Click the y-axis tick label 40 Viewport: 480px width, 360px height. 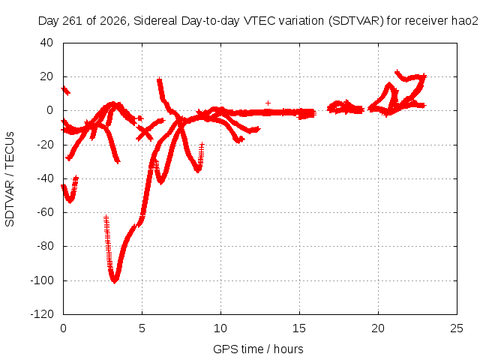pyautogui.click(x=46, y=43)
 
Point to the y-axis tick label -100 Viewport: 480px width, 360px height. pyautogui.click(x=42, y=280)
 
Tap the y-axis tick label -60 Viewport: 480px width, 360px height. pyautogui.click(x=45, y=211)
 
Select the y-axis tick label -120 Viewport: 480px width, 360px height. pyautogui.click(x=42, y=314)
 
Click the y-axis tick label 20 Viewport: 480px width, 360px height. pyautogui.click(x=46, y=76)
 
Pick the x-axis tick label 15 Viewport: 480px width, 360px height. pyautogui.click(x=299, y=328)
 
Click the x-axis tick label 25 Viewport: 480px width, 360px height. pyautogui.click(x=457, y=328)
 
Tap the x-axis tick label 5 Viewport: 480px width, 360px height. pyautogui.click(x=142, y=328)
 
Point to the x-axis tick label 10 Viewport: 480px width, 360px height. pyautogui.click(x=220, y=328)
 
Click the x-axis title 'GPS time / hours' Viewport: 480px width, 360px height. pyautogui.click(x=258, y=349)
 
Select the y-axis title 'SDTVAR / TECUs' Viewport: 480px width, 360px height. pyautogui.click(x=10, y=179)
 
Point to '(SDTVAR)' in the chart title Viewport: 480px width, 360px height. pyautogui.click(x=356, y=21)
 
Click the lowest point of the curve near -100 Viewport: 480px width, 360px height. pyautogui.click(x=115, y=281)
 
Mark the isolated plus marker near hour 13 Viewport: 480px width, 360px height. pyautogui.click(x=268, y=103)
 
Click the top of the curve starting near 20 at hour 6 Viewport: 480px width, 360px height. pyautogui.click(x=159, y=79)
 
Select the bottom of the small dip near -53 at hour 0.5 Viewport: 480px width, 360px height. pyautogui.click(x=70, y=201)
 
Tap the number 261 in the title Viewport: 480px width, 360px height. pyautogui.click(x=73, y=21)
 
